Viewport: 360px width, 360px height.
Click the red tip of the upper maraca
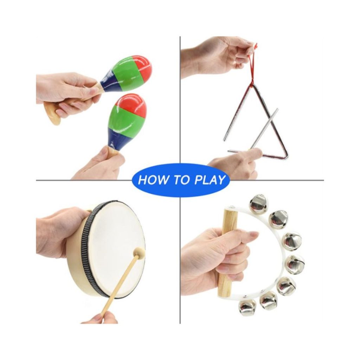[144, 67]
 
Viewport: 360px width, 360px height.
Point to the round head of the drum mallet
[139, 252]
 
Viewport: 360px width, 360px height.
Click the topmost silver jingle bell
[258, 204]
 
